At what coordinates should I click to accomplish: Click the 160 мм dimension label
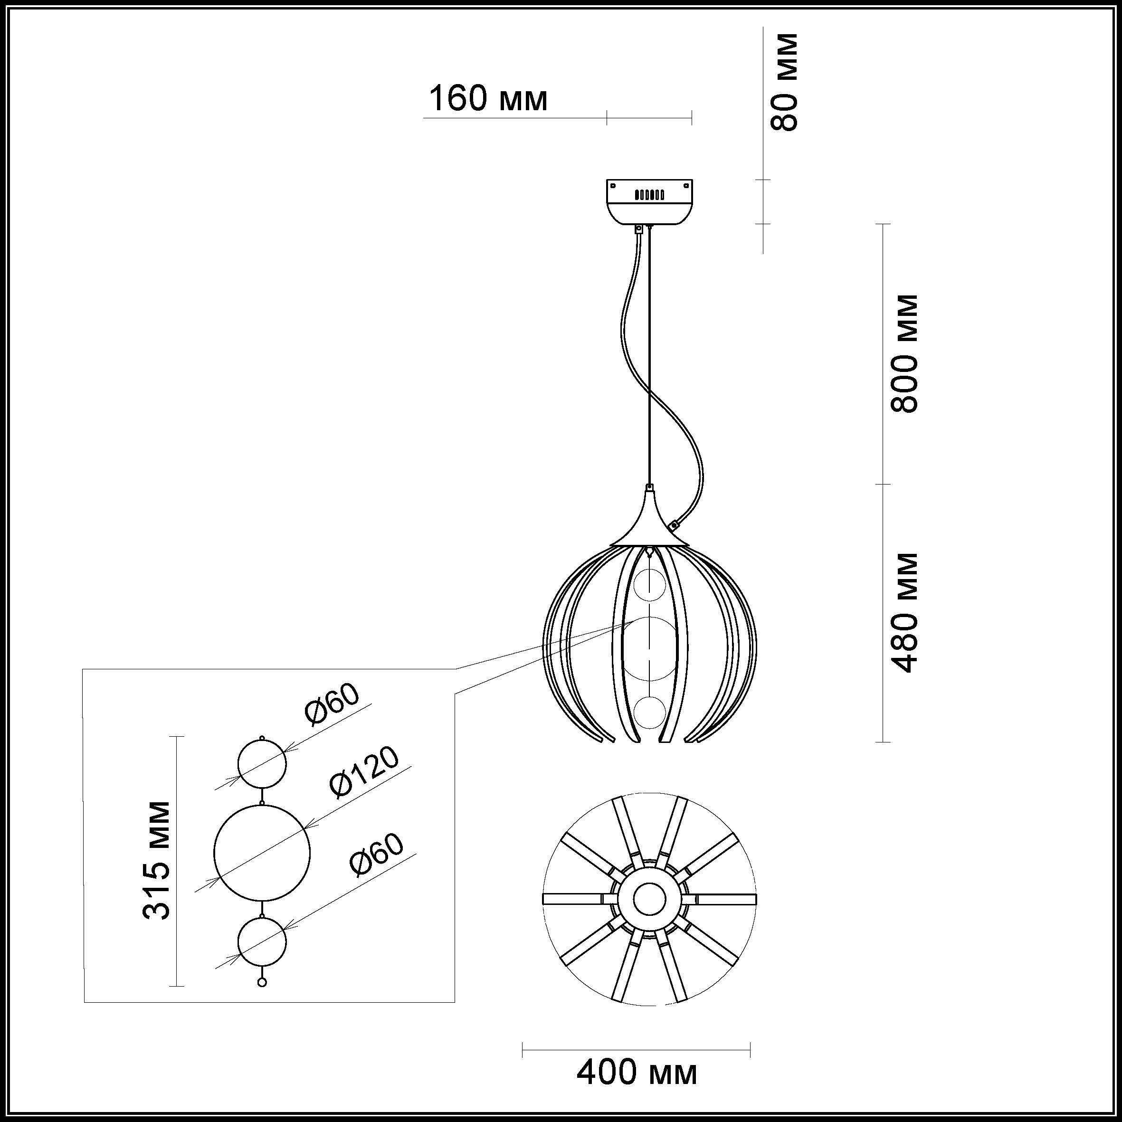(x=488, y=99)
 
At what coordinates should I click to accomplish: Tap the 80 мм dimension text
(x=783, y=81)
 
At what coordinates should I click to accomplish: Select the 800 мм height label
(x=905, y=354)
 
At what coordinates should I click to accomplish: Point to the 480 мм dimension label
(x=905, y=613)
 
